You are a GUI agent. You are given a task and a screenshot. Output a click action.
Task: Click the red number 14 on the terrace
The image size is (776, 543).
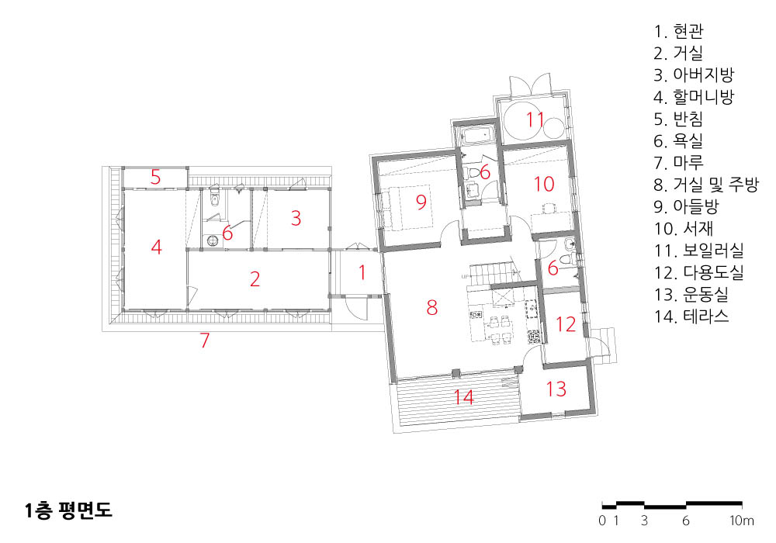464,396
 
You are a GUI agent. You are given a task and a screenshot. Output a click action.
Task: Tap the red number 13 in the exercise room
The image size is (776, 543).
556,389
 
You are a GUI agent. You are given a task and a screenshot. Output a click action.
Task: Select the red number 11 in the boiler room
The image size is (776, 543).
535,119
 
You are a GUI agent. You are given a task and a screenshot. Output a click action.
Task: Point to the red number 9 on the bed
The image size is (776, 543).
421,201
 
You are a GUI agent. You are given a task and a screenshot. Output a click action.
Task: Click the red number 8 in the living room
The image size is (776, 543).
432,308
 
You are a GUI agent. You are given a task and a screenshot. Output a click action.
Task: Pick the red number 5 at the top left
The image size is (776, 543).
156,177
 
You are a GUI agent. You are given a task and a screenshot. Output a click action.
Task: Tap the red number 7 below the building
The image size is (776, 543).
205,341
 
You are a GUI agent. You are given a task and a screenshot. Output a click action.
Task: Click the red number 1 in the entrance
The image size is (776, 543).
362,272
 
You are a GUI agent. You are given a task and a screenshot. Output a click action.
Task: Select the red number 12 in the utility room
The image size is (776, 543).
566,324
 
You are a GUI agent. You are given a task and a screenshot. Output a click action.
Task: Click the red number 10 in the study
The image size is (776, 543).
544,184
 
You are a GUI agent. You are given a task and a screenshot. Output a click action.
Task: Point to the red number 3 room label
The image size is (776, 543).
296,218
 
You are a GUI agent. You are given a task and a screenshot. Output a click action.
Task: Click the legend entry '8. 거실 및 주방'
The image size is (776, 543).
706,185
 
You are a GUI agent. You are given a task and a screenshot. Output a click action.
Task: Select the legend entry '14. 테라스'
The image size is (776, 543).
691,316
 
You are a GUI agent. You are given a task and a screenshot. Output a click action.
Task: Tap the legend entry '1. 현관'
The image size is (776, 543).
678,32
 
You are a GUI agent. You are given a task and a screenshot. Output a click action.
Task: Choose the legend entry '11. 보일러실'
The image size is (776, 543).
699,251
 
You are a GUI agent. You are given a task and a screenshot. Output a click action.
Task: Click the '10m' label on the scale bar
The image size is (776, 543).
741,521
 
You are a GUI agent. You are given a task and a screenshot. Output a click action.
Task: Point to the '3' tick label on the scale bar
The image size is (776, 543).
644,521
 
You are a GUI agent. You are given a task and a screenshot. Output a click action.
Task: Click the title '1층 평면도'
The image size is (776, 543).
69,510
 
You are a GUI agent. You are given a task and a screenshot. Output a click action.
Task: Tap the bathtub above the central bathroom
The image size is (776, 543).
476,134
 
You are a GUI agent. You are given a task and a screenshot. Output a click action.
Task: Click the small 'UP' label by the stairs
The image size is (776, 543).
465,276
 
